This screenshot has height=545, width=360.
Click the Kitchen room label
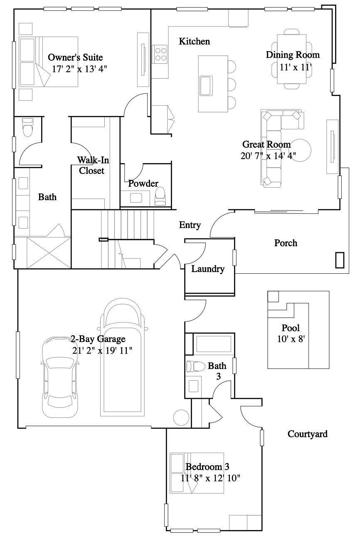(195, 41)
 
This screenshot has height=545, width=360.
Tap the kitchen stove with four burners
(160, 54)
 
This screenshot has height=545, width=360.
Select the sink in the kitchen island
(206, 86)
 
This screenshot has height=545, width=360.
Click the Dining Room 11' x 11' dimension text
(296, 67)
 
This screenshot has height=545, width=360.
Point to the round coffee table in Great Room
(301, 150)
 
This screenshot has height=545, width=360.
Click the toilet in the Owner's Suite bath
(27, 127)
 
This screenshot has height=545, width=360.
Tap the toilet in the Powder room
(160, 196)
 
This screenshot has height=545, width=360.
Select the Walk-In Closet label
(93, 165)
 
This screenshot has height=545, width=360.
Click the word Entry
(190, 225)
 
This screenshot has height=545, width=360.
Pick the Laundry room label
(208, 269)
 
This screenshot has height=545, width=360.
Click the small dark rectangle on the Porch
(340, 260)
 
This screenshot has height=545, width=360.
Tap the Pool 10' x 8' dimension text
(291, 339)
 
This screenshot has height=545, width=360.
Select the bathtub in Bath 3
(214, 344)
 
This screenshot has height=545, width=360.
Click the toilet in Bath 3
(196, 367)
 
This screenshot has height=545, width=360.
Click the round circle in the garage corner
(181, 418)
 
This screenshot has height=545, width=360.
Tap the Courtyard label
(308, 434)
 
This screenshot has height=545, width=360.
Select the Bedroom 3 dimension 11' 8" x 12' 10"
(210, 478)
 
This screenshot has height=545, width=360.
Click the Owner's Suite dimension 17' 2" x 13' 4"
(79, 69)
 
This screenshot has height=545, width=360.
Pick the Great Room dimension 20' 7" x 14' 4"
(269, 156)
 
